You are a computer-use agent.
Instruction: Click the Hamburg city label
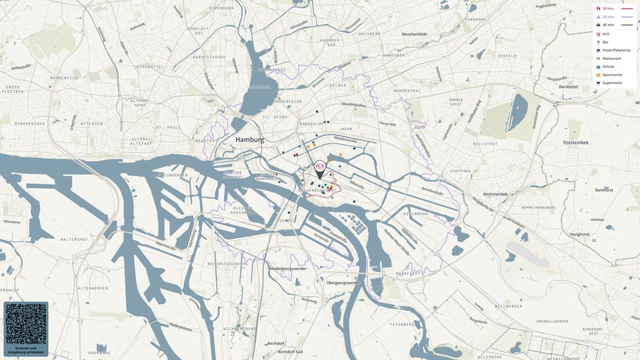[x=249, y=140]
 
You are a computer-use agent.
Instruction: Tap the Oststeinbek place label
[x=575, y=142]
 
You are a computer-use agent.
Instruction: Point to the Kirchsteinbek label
[x=495, y=194]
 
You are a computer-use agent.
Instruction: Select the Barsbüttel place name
[x=568, y=87]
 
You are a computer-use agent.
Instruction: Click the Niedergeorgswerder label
[x=287, y=269]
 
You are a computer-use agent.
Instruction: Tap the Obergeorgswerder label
[x=343, y=283]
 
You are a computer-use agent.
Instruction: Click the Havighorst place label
[x=579, y=234]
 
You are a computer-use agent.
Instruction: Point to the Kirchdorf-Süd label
[x=290, y=351]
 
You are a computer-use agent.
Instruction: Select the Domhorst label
[x=604, y=190]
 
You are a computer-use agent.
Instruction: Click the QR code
[x=26, y=324]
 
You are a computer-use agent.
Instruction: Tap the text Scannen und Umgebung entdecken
[x=26, y=350]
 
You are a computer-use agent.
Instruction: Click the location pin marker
[x=320, y=169]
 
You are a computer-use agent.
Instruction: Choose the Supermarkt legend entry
[x=612, y=83]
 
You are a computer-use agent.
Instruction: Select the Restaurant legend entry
[x=611, y=59]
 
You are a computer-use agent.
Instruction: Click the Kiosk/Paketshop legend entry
[x=616, y=50]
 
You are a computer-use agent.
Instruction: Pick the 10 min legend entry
[x=607, y=9]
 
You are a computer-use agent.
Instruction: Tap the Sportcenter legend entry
[x=612, y=75]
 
